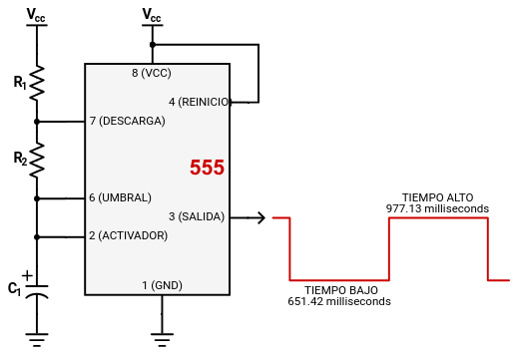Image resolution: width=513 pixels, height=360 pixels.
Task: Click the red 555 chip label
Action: click(207, 169)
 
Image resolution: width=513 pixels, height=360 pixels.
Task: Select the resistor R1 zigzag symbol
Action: click(37, 84)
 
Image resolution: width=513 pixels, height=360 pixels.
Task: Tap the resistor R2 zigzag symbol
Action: click(37, 158)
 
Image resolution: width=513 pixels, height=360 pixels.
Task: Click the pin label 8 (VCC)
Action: click(152, 74)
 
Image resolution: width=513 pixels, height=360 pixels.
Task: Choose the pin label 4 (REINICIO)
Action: click(200, 102)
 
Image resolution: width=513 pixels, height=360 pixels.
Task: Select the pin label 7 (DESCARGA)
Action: click(127, 121)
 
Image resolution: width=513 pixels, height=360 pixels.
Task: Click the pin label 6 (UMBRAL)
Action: click(120, 197)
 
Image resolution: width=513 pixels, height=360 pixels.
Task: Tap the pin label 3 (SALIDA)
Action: click(197, 216)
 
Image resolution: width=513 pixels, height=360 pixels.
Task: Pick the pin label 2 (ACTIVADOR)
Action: click(128, 236)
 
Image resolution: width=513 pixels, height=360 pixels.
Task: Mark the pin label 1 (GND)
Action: click(162, 285)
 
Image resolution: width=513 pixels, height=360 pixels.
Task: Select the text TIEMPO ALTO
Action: click(437, 197)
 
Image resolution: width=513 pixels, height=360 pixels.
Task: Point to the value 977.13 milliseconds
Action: click(437, 209)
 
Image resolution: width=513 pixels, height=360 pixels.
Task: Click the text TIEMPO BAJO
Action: click(339, 289)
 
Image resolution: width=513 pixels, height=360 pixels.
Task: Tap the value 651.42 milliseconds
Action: click(339, 301)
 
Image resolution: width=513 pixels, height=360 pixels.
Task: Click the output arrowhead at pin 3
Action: click(260, 217)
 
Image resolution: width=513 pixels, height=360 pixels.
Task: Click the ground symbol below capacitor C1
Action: click(37, 340)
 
